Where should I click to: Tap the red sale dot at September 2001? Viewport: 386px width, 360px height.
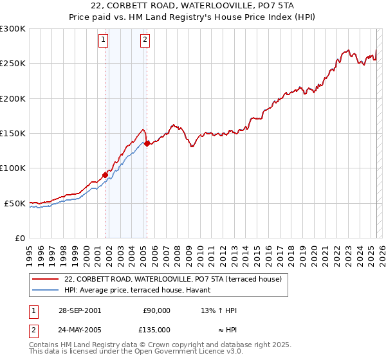tap(105, 175)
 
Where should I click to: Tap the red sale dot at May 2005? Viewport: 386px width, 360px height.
tap(147, 143)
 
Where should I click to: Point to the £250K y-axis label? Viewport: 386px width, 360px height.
tap(13, 64)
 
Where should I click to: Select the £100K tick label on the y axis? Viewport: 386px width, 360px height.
tap(13, 168)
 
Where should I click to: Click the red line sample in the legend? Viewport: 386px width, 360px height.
tap(44, 280)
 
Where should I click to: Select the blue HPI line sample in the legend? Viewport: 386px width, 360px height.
tap(44, 290)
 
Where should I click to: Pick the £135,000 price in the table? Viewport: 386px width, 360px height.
tap(156, 329)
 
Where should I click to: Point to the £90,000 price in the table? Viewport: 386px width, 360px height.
tap(156, 310)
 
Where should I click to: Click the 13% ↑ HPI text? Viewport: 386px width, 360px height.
tap(219, 310)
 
